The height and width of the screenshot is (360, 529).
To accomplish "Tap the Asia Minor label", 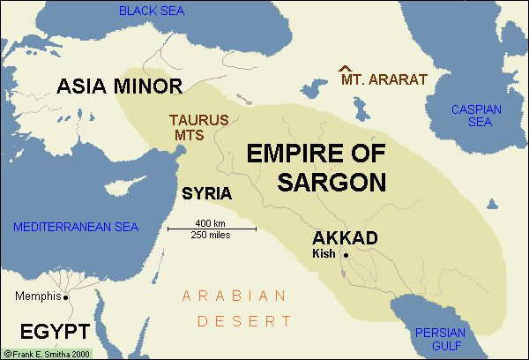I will pyautogui.click(x=119, y=86).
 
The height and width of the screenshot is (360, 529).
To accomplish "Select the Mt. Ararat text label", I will pyautogui.click(x=384, y=79).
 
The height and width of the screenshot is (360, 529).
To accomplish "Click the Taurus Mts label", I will pyautogui.click(x=199, y=125).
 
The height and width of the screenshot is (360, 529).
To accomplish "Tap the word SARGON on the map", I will pyautogui.click(x=317, y=183).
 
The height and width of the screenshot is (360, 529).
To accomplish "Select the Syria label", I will pyautogui.click(x=206, y=193).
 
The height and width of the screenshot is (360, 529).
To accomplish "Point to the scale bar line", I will pyautogui.click(x=212, y=229).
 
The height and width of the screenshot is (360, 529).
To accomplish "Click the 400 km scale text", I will pyautogui.click(x=212, y=222).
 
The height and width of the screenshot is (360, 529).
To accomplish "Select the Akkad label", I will pyautogui.click(x=346, y=238).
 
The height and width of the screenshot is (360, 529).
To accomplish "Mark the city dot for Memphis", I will pyautogui.click(x=65, y=296).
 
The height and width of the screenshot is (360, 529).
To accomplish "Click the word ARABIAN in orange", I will pyautogui.click(x=235, y=296).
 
